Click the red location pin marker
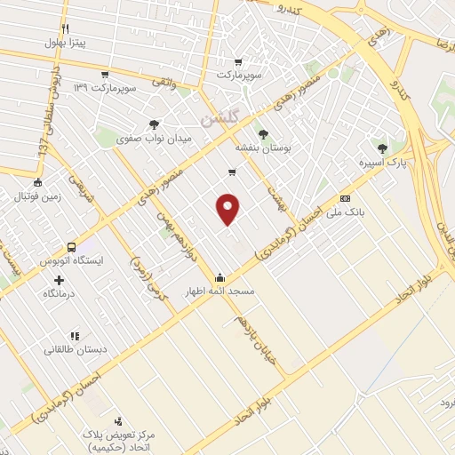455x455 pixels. click(x=229, y=208)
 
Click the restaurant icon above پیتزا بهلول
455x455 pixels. click(x=68, y=28)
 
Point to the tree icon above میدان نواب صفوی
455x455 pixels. click(x=155, y=125)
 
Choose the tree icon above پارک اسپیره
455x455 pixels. click(x=382, y=148)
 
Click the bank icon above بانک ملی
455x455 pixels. click(x=345, y=199)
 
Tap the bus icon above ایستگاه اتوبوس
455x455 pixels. click(x=70, y=248)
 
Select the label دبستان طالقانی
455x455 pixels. click(x=76, y=350)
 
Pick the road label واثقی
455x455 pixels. click(x=164, y=82)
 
